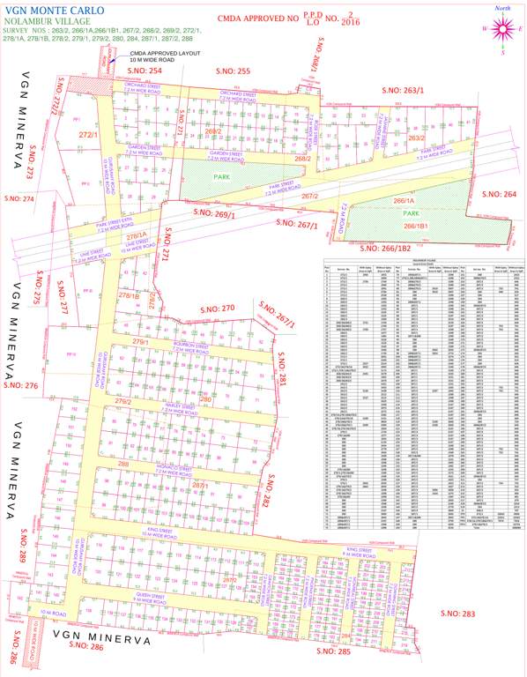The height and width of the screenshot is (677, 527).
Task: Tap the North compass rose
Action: coord(503,28)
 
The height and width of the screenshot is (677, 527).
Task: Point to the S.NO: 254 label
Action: coord(143,70)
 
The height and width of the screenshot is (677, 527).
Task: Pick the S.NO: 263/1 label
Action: coord(403,90)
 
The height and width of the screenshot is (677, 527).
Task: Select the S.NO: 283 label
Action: coord(456,614)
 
